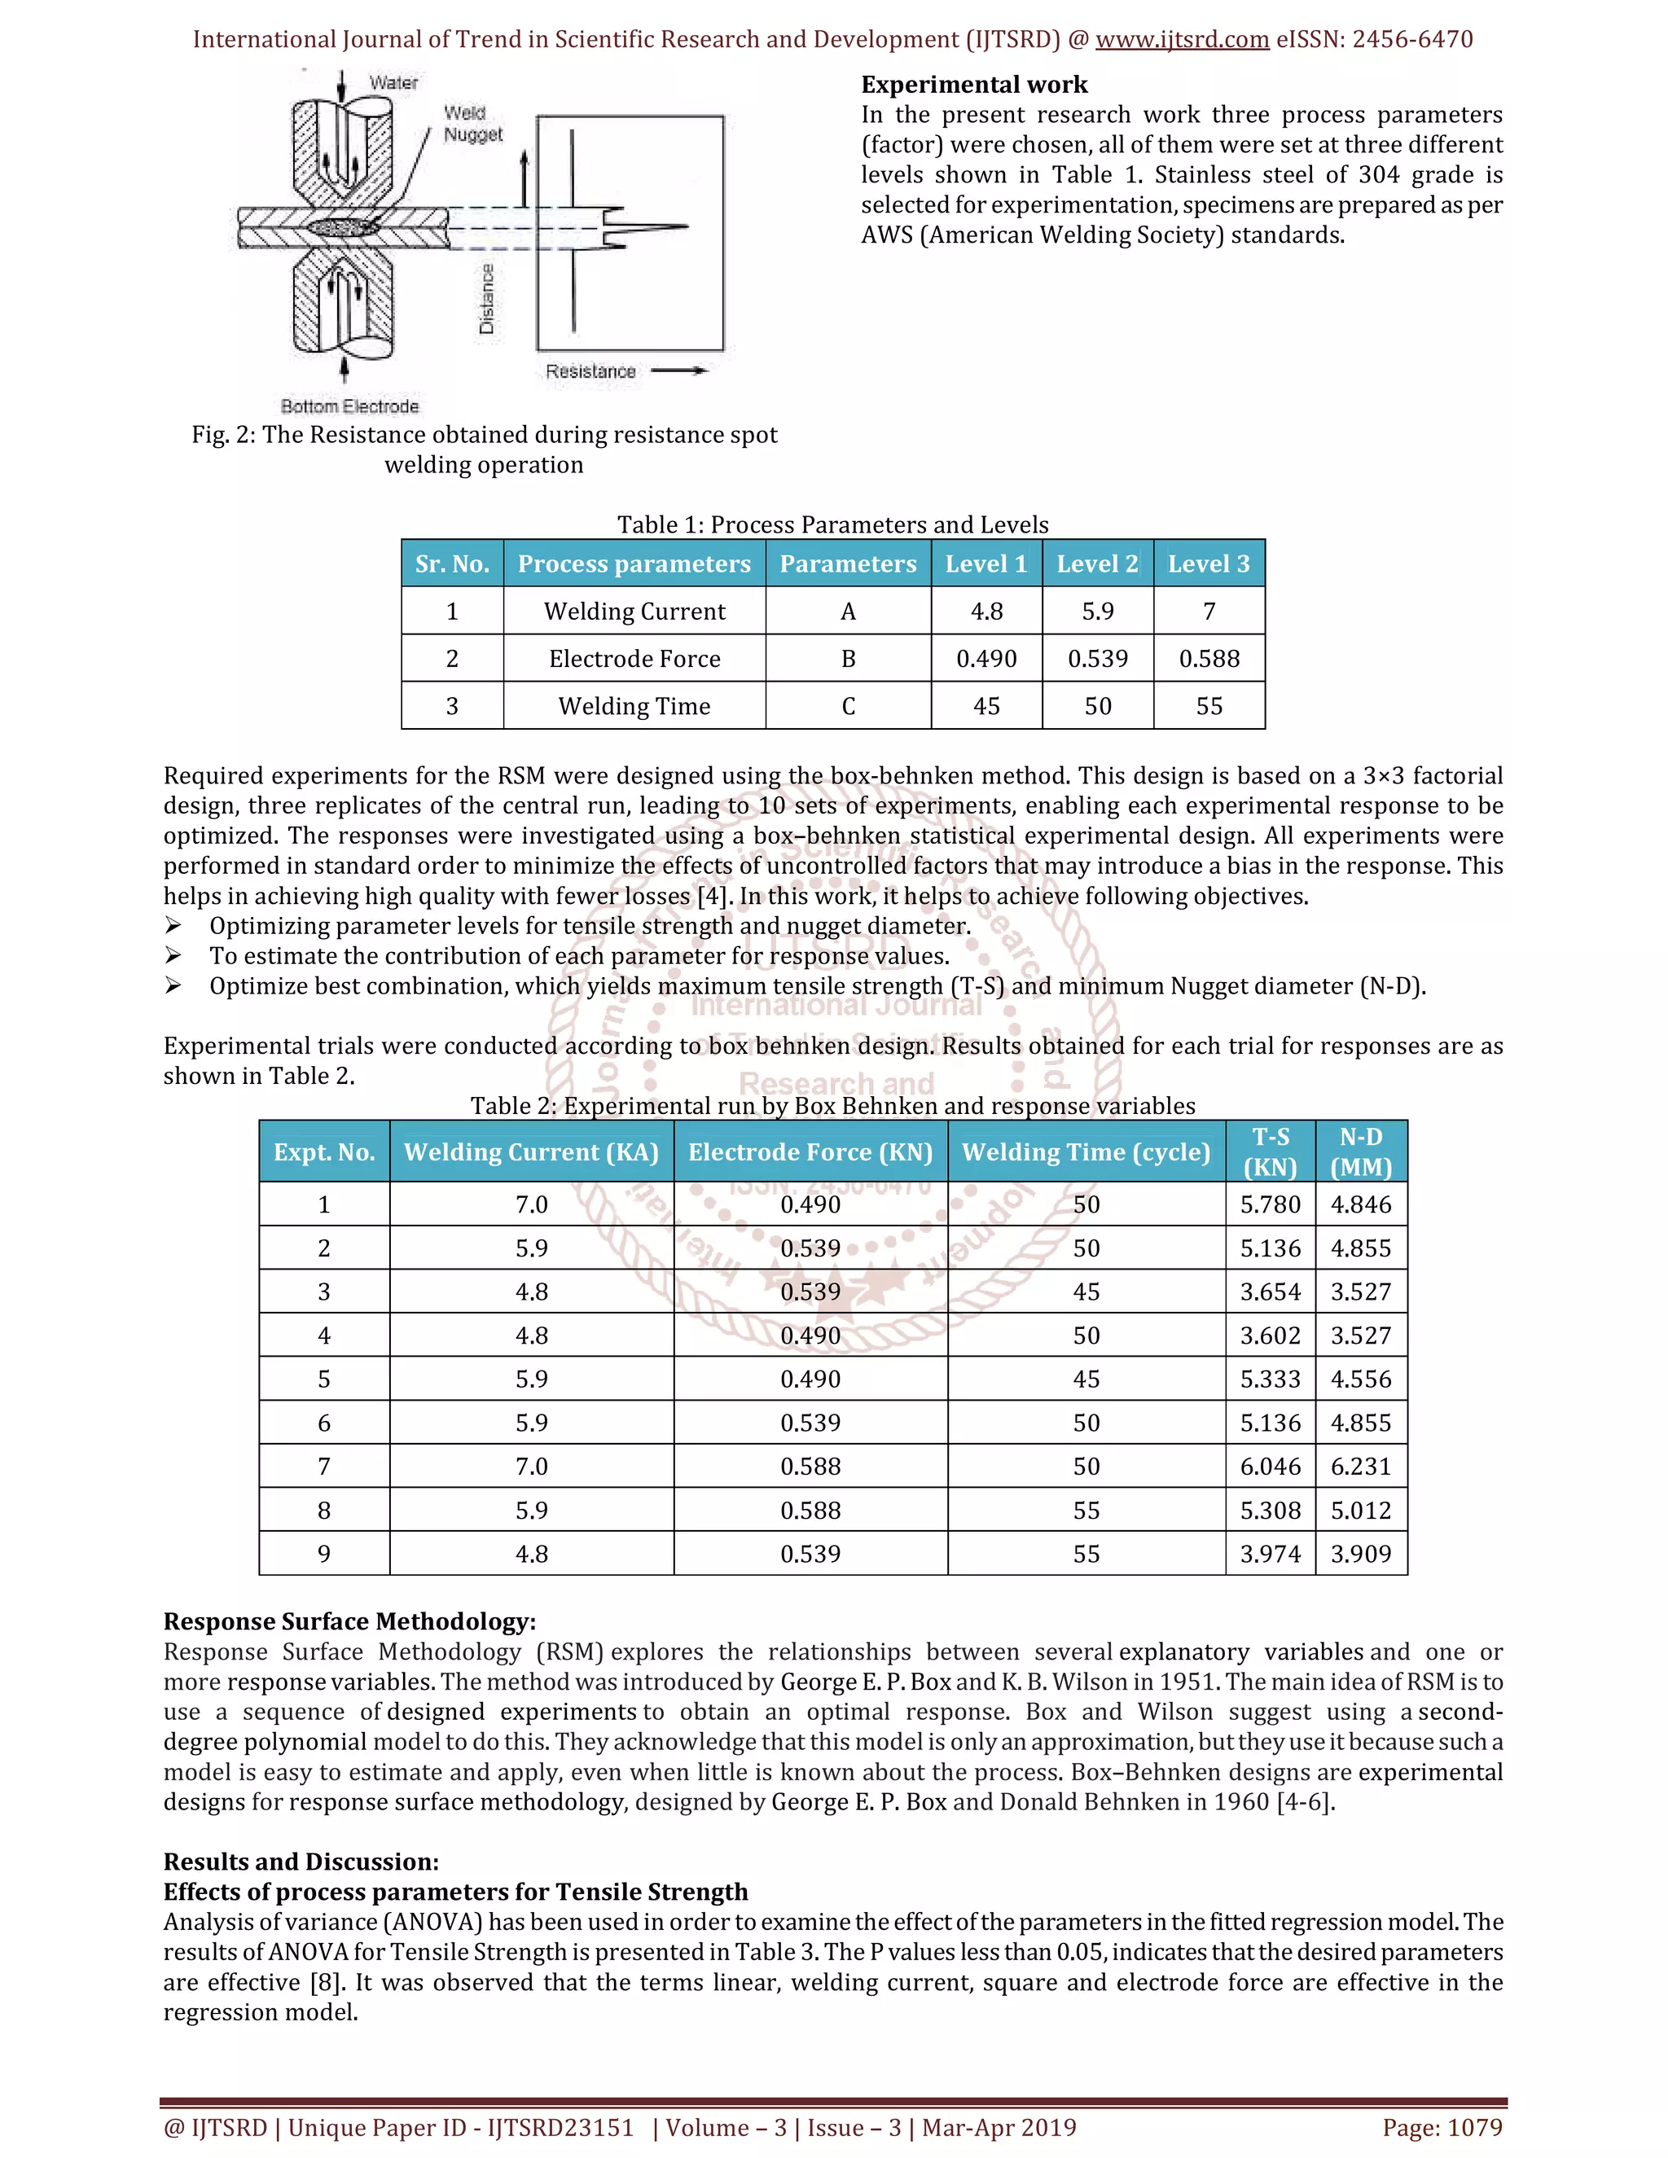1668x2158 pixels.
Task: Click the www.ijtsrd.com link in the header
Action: click(x=1182, y=40)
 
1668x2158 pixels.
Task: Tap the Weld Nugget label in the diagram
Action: click(x=472, y=124)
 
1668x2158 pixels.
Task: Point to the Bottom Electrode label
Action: click(x=349, y=406)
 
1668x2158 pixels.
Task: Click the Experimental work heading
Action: click(x=973, y=85)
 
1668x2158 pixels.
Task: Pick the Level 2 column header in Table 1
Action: click(x=1097, y=564)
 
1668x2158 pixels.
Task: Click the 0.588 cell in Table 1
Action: click(x=1209, y=659)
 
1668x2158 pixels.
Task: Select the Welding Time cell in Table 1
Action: click(x=634, y=707)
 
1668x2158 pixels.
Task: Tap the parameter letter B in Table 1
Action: click(x=848, y=659)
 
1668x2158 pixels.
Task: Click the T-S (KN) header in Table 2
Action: click(x=1270, y=1152)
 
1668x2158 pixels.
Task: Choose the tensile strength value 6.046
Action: click(x=1270, y=1467)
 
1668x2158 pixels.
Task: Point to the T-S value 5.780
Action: click(x=1270, y=1204)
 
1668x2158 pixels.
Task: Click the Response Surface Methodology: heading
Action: click(x=349, y=1621)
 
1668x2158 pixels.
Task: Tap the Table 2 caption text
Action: click(x=832, y=1106)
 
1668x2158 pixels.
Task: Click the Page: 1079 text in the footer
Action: click(x=1442, y=2127)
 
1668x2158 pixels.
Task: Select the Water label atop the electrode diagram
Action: click(x=393, y=83)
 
